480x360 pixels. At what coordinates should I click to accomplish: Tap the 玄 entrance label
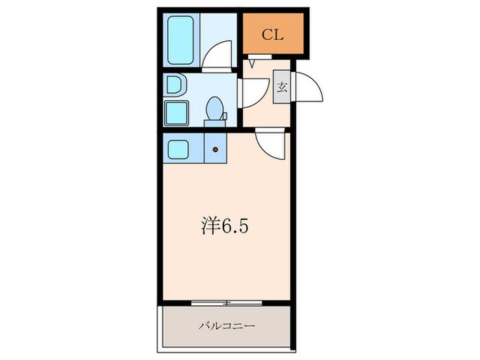click(x=282, y=87)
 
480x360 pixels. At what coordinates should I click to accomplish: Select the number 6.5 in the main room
click(x=234, y=224)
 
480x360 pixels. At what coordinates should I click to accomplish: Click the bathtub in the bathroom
click(x=180, y=40)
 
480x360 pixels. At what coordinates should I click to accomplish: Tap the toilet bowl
click(x=215, y=108)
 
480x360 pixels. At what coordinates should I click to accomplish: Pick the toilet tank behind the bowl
click(x=215, y=123)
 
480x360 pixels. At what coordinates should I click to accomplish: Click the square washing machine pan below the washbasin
click(x=176, y=112)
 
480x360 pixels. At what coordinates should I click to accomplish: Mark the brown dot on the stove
click(x=215, y=149)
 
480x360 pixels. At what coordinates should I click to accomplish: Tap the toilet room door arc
click(x=252, y=93)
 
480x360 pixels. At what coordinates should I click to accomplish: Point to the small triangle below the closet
click(x=252, y=64)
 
